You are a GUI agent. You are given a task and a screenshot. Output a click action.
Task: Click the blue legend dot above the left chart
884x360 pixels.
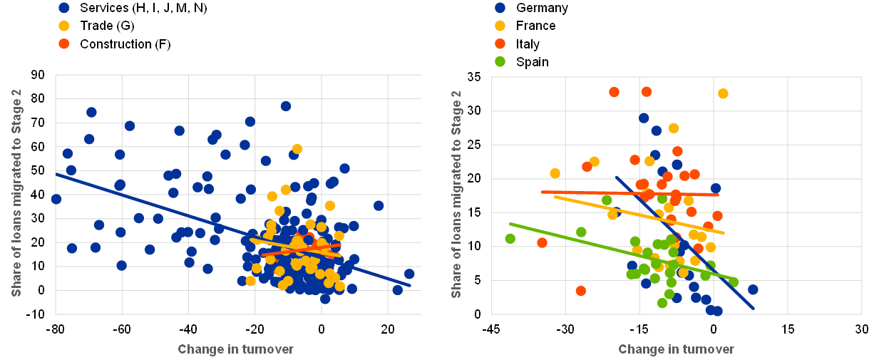pyautogui.click(x=64, y=8)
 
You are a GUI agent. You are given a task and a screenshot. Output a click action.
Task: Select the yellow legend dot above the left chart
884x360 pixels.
pyautogui.click(x=64, y=26)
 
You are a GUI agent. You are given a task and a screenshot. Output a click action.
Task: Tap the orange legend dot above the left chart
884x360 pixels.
pyautogui.click(x=64, y=43)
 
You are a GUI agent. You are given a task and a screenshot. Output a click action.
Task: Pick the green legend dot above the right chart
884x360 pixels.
pyautogui.click(x=500, y=61)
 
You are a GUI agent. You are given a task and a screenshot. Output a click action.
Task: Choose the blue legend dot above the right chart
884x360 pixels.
pyautogui.click(x=500, y=8)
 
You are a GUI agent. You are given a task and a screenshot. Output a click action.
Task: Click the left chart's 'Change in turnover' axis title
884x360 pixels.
pyautogui.click(x=235, y=349)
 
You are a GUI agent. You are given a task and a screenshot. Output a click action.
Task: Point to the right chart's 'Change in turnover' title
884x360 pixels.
pyautogui.click(x=676, y=349)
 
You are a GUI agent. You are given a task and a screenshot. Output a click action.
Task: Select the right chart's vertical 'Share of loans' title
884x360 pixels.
pyautogui.click(x=457, y=194)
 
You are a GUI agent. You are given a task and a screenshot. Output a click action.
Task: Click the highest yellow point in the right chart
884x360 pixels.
pyautogui.click(x=723, y=93)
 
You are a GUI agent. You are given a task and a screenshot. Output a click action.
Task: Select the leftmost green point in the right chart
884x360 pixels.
pyautogui.click(x=510, y=239)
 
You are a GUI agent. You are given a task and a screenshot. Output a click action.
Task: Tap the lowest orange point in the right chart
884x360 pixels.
pyautogui.click(x=581, y=291)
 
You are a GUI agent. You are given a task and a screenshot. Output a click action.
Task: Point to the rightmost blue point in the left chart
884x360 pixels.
pyautogui.click(x=409, y=274)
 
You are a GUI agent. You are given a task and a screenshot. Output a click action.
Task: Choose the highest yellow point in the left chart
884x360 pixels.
pyautogui.click(x=297, y=149)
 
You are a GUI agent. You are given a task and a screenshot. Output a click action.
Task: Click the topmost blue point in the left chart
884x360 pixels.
pyautogui.click(x=286, y=106)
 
